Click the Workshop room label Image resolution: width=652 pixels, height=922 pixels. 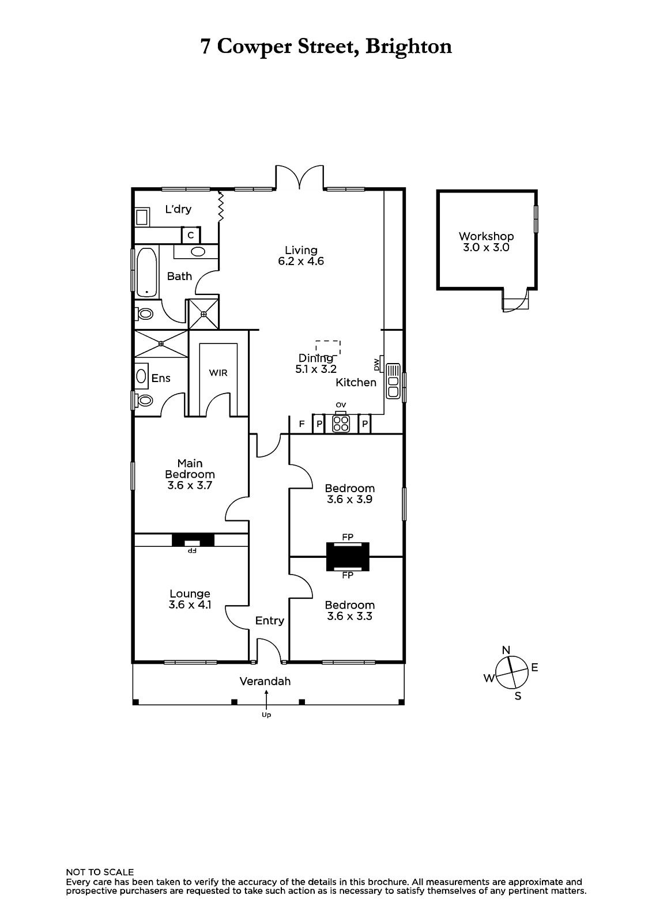(486, 236)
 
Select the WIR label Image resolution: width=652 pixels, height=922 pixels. (218, 373)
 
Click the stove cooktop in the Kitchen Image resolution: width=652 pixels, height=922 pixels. (341, 424)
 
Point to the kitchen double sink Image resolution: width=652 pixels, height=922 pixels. (393, 381)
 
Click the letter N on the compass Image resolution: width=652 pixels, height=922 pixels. (506, 650)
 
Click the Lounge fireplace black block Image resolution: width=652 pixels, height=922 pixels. (193, 539)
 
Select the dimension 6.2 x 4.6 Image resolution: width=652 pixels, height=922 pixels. (301, 261)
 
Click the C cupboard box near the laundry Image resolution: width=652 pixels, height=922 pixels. (191, 236)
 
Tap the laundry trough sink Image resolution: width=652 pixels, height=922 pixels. (142, 216)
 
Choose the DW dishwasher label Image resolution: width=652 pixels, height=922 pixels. (376, 364)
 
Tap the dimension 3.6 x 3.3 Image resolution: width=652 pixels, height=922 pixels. (350, 616)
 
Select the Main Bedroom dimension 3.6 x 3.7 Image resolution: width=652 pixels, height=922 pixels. (190, 485)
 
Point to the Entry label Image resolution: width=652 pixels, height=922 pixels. (270, 621)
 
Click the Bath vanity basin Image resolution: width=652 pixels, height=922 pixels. (198, 251)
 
